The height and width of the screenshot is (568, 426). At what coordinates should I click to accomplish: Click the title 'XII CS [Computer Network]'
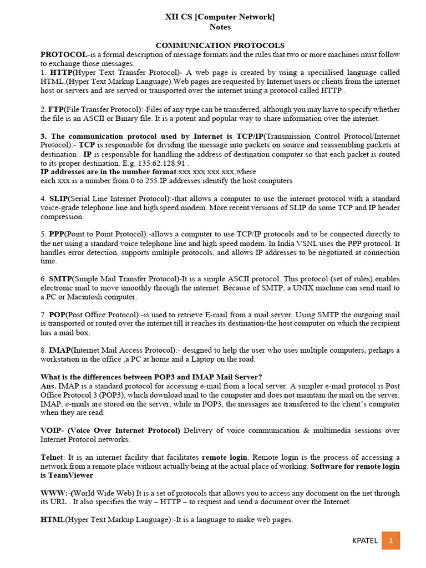pyautogui.click(x=220, y=17)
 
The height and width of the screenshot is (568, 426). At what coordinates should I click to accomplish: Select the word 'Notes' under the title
pyautogui.click(x=220, y=27)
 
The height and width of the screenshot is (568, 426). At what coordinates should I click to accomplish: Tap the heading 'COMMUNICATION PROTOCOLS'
pyautogui.click(x=220, y=45)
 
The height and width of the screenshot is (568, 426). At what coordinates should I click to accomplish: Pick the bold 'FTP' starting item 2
pyautogui.click(x=55, y=109)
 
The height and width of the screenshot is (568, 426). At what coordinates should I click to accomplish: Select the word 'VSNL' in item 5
pyautogui.click(x=319, y=243)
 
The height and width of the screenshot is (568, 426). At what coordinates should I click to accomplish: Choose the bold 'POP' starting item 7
pyautogui.click(x=57, y=315)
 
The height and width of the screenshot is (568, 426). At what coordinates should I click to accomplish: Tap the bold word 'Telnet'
pyautogui.click(x=52, y=457)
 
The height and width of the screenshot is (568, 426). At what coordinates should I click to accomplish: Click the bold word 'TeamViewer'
pyautogui.click(x=70, y=475)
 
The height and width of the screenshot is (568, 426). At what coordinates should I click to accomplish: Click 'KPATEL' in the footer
pyautogui.click(x=364, y=541)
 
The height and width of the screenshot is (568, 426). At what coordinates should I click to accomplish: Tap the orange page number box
pyautogui.click(x=390, y=541)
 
